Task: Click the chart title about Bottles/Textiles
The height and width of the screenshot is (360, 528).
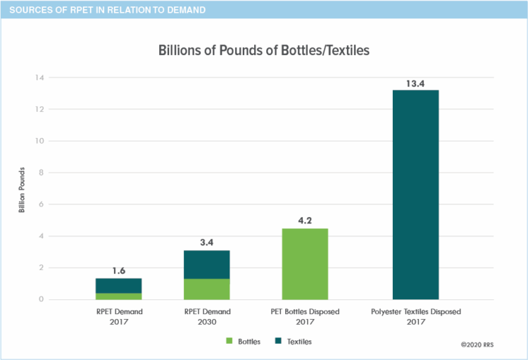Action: point(264,51)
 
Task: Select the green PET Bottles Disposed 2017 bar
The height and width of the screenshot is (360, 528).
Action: point(305,263)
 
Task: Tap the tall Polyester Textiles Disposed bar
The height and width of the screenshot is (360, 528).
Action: point(415,194)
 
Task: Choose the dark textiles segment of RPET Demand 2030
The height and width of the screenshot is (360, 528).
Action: point(207,264)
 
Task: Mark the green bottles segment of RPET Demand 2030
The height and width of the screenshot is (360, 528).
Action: point(207,289)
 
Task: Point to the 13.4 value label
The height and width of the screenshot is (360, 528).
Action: point(415,84)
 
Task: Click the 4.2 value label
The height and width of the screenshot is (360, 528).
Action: point(305,221)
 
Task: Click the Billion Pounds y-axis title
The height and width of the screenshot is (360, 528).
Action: point(22,189)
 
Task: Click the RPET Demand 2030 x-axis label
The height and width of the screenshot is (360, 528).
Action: point(207,316)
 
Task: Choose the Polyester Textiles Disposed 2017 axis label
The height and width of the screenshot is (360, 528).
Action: point(415,316)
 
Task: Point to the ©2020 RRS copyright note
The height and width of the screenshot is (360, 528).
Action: point(479,345)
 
